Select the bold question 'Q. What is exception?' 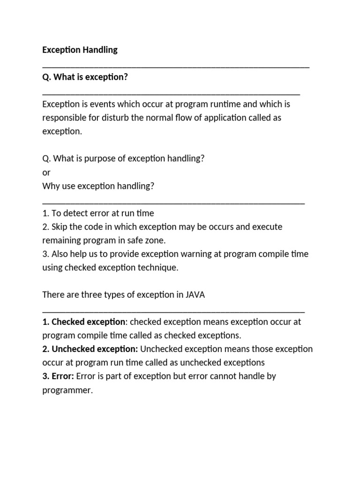click(x=85, y=77)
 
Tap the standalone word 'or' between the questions click(x=46, y=172)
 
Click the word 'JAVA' click(x=195, y=295)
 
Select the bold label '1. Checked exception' click(x=84, y=322)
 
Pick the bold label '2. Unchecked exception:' click(x=90, y=349)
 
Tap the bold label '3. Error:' click(x=58, y=376)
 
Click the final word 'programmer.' click(x=67, y=390)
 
